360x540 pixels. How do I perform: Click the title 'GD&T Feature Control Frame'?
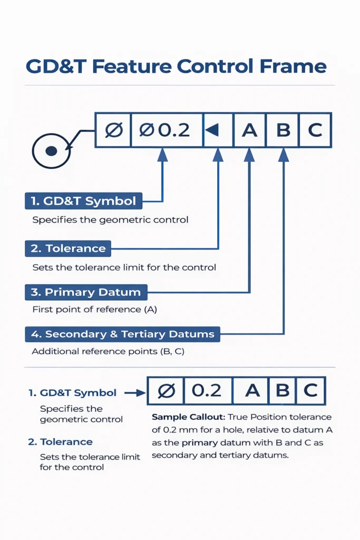176,66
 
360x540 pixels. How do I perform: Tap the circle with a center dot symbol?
51,151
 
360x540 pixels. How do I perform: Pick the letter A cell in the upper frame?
249,130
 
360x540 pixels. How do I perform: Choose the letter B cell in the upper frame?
283,130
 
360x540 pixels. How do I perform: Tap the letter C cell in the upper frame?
315,130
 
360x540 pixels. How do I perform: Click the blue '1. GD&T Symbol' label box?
83,201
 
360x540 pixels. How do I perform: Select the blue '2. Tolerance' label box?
68,248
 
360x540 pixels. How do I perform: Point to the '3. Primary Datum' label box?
86,292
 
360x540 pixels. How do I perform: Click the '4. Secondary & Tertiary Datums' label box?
122,334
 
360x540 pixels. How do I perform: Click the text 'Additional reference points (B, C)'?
108,351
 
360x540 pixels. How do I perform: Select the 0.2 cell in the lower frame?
207,391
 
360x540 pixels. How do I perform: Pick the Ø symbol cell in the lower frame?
166,391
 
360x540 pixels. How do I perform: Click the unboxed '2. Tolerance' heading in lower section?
60,442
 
